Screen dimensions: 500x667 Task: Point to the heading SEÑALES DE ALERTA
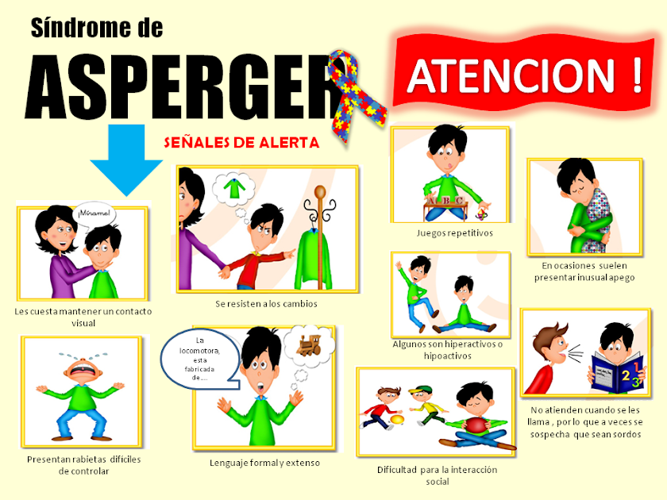(241, 144)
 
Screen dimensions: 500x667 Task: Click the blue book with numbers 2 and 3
(615, 374)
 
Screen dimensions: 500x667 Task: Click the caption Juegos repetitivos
(454, 233)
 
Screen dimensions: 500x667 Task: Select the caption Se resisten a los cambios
(267, 303)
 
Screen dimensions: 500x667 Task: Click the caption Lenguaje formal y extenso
(264, 463)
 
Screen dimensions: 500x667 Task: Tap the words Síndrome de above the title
(97, 29)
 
